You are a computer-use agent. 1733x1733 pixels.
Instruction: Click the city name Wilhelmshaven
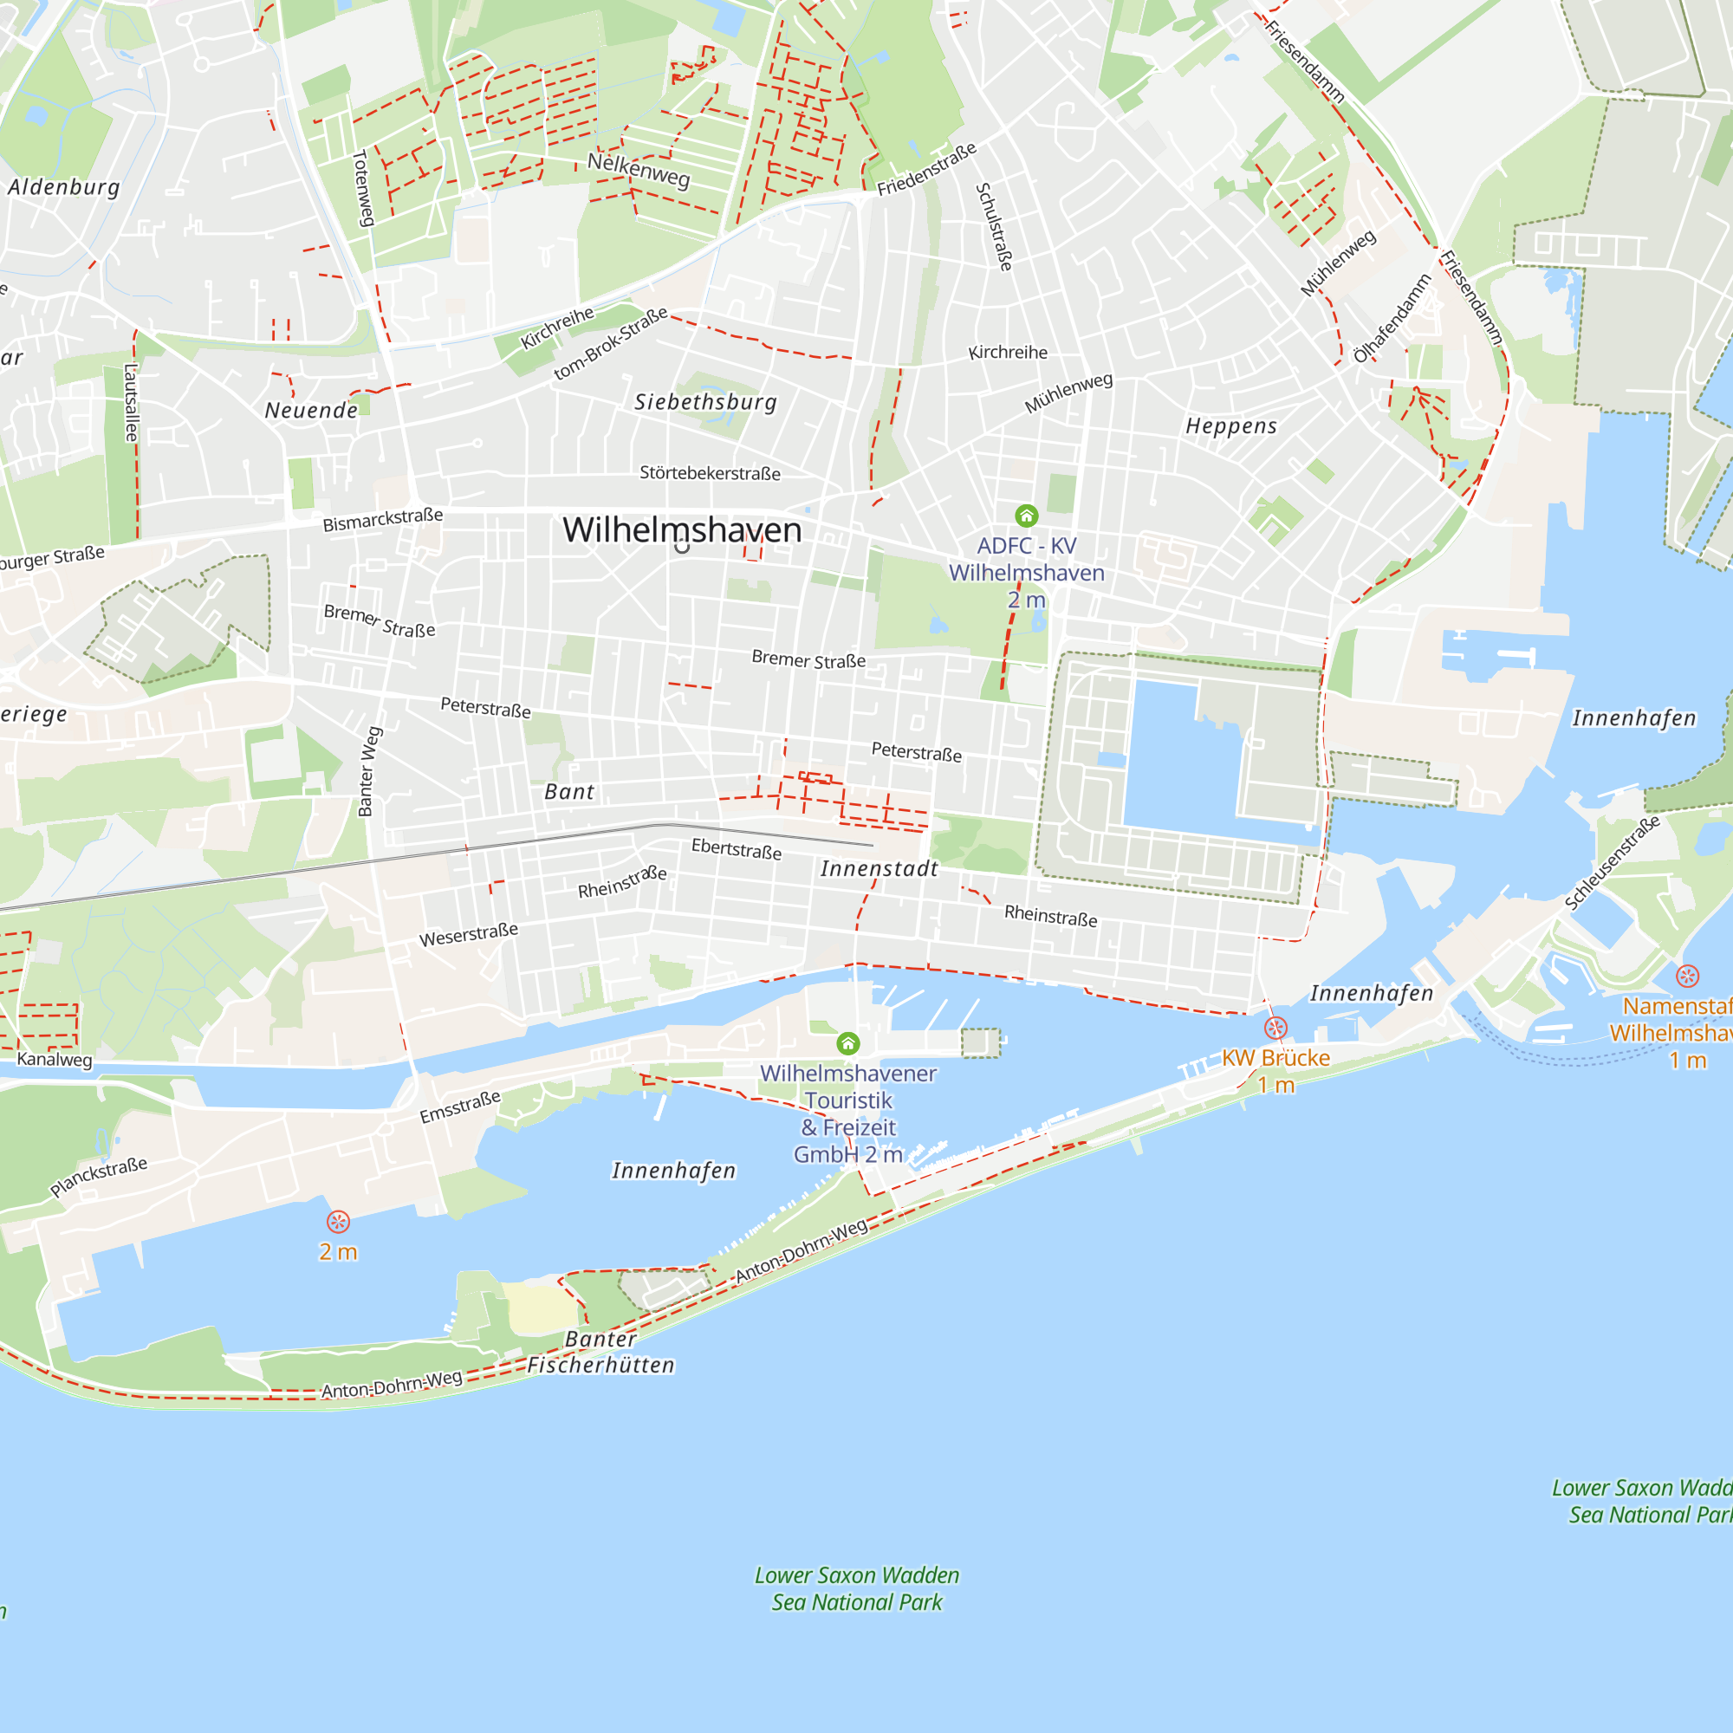click(x=682, y=530)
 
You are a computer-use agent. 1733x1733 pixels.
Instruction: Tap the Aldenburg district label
click(x=63, y=187)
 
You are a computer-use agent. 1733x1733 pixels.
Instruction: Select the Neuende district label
click(x=311, y=411)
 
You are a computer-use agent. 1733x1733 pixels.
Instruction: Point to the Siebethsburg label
click(x=706, y=402)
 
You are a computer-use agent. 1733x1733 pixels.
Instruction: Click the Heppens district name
click(x=1230, y=426)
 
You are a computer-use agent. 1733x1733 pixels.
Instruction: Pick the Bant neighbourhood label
click(x=569, y=792)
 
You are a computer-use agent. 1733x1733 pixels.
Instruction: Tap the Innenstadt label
click(x=879, y=868)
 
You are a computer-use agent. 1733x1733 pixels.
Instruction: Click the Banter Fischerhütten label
click(x=601, y=1352)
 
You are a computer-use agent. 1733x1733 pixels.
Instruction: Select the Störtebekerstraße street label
click(x=710, y=473)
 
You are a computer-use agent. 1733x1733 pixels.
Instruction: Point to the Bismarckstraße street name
click(x=383, y=519)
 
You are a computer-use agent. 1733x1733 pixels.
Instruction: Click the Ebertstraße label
click(x=737, y=848)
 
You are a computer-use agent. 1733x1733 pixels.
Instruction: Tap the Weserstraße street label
click(x=468, y=935)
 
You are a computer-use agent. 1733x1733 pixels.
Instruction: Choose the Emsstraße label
click(x=460, y=1107)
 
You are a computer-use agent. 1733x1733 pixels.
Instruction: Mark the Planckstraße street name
click(x=99, y=1177)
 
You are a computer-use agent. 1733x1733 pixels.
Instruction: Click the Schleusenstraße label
click(x=1612, y=863)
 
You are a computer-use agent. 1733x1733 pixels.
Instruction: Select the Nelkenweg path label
click(x=639, y=170)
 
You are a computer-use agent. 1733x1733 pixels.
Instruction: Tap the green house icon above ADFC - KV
click(x=1026, y=516)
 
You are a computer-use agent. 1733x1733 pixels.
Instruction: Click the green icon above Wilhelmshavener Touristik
click(x=847, y=1043)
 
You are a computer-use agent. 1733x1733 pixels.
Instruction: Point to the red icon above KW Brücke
click(x=1275, y=1028)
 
